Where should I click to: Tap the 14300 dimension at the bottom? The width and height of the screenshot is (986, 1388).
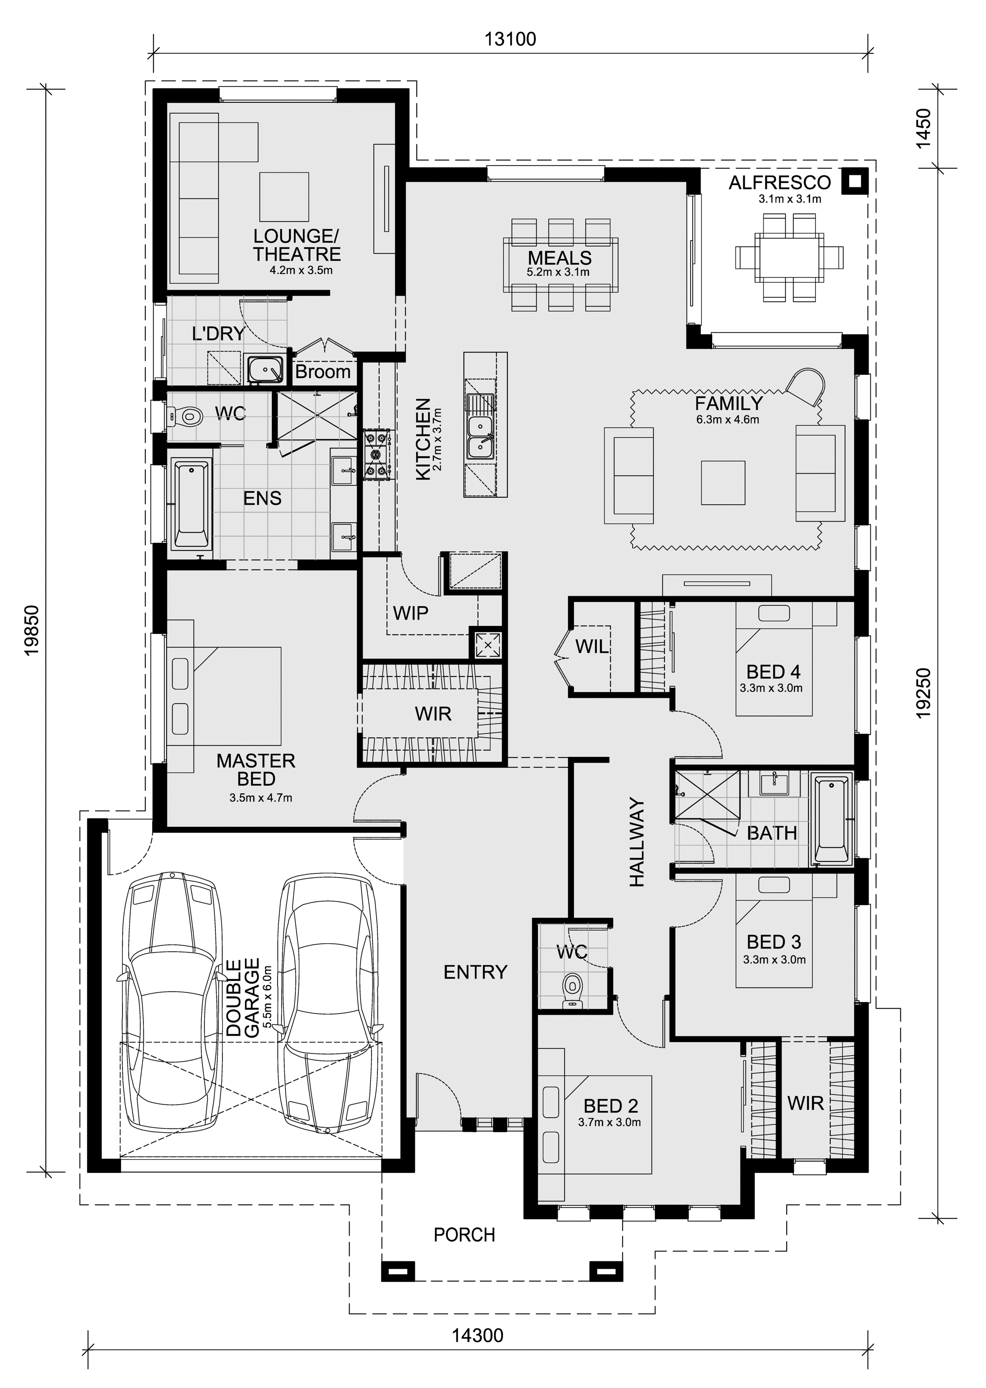pyautogui.click(x=477, y=1335)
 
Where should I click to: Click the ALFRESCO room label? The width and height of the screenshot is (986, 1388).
pyautogui.click(x=780, y=182)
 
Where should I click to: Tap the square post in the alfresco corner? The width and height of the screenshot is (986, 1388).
pyautogui.click(x=855, y=181)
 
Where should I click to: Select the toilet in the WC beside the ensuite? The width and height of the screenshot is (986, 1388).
pyautogui.click(x=186, y=416)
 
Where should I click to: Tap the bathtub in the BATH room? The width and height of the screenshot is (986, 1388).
pyautogui.click(x=832, y=819)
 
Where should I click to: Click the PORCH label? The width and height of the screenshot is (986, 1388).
pyautogui.click(x=464, y=1234)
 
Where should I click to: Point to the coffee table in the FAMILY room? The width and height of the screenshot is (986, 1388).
pyautogui.click(x=722, y=483)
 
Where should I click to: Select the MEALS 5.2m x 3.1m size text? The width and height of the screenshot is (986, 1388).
pyautogui.click(x=558, y=272)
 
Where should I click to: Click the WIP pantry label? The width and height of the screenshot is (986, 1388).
pyautogui.click(x=410, y=613)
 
